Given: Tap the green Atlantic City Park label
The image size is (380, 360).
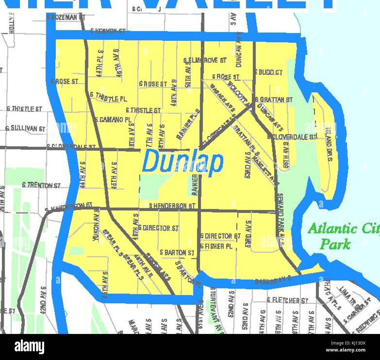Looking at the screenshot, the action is click(x=342, y=236).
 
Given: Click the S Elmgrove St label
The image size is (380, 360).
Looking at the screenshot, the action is click(x=205, y=60).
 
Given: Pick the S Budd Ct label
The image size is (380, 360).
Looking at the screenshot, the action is click(x=269, y=72).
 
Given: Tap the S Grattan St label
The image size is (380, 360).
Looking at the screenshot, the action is click(x=274, y=100).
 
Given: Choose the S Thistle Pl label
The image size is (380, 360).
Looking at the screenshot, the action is click(x=108, y=97).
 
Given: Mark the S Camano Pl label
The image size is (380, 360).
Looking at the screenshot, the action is click(x=113, y=120).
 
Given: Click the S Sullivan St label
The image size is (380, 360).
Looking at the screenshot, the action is click(x=25, y=128).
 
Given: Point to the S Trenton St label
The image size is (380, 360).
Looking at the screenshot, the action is click(x=41, y=185).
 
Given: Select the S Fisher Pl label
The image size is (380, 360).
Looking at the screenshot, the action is click(x=216, y=246).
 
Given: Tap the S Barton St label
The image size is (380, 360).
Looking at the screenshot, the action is click(x=177, y=253).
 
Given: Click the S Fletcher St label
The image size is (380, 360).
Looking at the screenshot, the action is click(x=288, y=300).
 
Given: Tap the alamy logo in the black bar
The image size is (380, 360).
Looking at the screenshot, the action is click(x=30, y=347).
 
